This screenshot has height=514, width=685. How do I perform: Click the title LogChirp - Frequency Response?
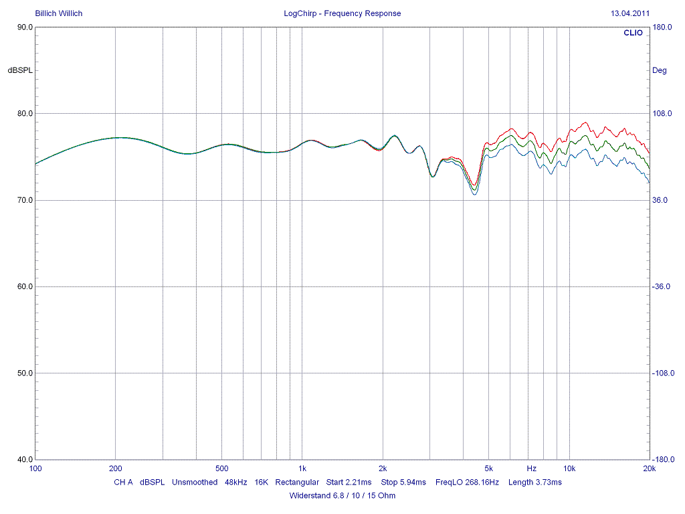click(x=342, y=13)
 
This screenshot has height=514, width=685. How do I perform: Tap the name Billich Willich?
click(x=59, y=13)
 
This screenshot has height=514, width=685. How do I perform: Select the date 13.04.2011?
click(x=629, y=13)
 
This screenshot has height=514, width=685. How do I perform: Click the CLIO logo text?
click(x=632, y=33)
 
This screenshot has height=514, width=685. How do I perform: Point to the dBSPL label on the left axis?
click(x=20, y=70)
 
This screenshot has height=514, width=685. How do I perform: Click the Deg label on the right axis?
click(x=659, y=70)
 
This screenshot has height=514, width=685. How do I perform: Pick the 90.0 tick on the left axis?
click(x=25, y=27)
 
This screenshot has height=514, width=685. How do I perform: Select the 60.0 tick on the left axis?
click(x=25, y=286)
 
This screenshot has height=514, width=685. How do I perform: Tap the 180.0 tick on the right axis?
click(x=662, y=27)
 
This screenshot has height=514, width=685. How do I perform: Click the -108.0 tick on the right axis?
click(x=663, y=373)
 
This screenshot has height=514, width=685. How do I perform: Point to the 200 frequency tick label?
click(x=116, y=468)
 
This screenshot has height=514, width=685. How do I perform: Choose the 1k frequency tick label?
click(x=302, y=468)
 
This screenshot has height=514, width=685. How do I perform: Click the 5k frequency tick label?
click(x=489, y=468)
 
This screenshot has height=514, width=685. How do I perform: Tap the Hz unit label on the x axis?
click(x=531, y=468)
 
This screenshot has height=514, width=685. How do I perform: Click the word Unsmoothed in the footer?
click(x=195, y=482)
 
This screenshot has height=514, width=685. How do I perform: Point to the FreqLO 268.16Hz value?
click(x=467, y=482)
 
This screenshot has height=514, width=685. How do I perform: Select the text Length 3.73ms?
click(x=534, y=482)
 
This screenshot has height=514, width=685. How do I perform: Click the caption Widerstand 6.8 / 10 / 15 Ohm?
click(x=342, y=496)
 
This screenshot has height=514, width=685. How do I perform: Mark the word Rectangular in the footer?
click(x=297, y=482)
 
